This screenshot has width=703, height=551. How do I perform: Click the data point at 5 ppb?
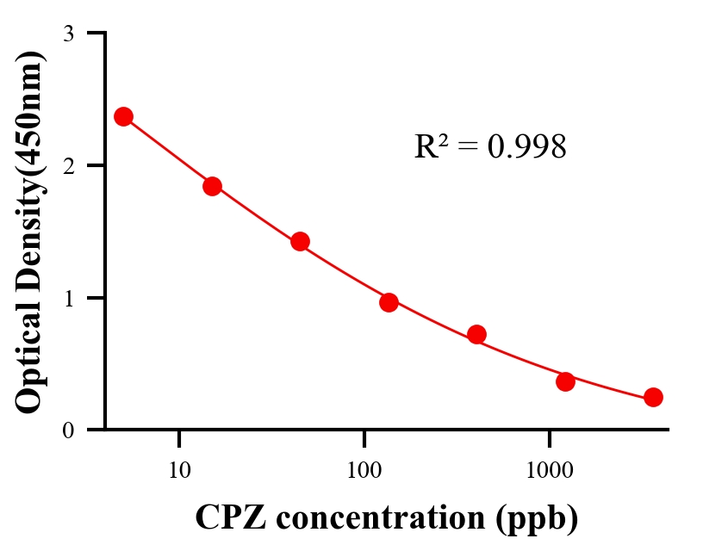click(123, 116)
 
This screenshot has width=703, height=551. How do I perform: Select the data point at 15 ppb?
click(212, 186)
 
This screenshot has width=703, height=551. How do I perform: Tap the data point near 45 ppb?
click(300, 241)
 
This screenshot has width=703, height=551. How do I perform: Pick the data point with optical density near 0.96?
click(389, 302)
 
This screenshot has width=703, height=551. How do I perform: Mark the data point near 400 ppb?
click(476, 334)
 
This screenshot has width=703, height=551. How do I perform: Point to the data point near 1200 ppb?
click(565, 381)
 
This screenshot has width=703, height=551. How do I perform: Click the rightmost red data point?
click(653, 397)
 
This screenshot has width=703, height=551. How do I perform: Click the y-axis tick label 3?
click(69, 34)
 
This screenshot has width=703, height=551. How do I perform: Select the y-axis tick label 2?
click(69, 166)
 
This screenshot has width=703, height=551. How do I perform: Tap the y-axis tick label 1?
click(69, 299)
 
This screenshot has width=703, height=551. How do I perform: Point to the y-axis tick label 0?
click(69, 430)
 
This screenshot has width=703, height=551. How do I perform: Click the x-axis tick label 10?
click(178, 469)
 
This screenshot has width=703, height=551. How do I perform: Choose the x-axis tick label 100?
click(364, 469)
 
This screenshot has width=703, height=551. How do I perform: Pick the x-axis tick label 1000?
click(550, 469)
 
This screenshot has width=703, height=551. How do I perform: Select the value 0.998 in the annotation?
click(526, 147)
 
